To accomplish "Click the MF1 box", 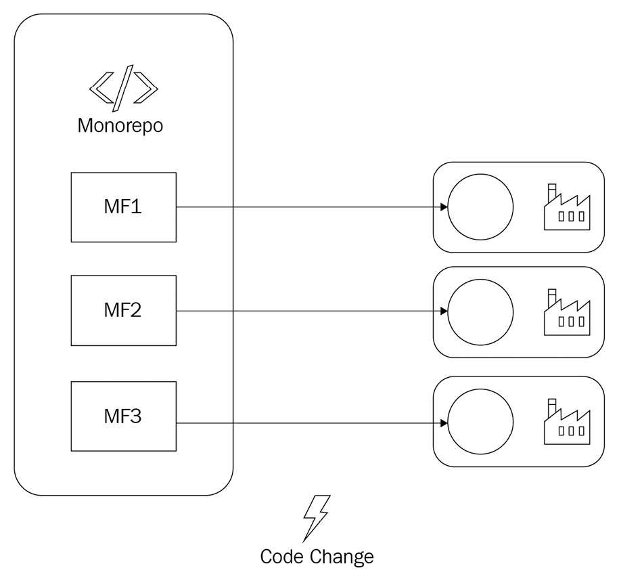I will click(x=123, y=207).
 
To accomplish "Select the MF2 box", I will click(x=123, y=311).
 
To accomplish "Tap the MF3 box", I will click(x=123, y=416).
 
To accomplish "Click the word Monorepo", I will click(x=120, y=126).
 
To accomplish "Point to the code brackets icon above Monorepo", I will click(x=124, y=89).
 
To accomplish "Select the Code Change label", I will click(x=317, y=557).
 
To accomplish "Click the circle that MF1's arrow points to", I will click(x=480, y=207).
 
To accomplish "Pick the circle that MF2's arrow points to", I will click(x=480, y=312).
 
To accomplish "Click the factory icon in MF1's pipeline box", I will click(x=567, y=207).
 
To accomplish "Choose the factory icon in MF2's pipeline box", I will click(x=567, y=312).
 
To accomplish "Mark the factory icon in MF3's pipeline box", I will click(x=567, y=422).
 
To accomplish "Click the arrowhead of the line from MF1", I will click(x=444, y=207).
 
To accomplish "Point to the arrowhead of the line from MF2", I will click(x=444, y=311).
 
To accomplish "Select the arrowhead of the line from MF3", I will click(x=444, y=423).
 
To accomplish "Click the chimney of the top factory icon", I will click(x=552, y=192).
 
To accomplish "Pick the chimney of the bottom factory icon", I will click(x=552, y=406).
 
